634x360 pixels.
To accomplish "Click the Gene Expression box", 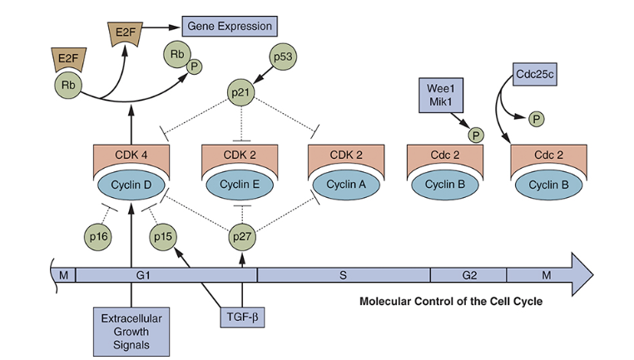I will coord(230,27).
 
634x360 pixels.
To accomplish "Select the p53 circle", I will coord(283,59).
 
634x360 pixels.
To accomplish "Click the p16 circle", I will coord(98,237).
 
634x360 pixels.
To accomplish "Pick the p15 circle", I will coord(163,237).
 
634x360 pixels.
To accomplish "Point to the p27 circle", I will coord(240,237).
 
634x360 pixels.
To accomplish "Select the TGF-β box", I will coord(243,318).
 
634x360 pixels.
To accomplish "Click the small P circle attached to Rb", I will coord(194,67).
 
